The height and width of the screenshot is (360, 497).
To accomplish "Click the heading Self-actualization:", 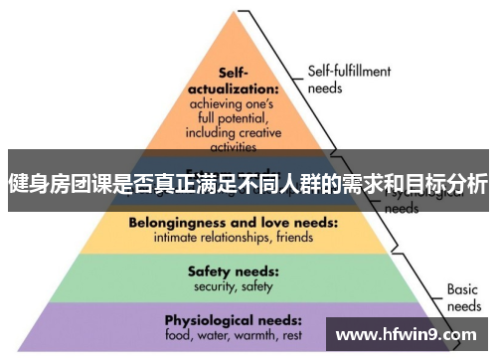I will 232,81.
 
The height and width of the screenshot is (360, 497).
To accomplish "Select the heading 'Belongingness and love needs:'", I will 232,223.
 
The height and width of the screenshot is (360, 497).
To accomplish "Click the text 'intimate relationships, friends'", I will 232,238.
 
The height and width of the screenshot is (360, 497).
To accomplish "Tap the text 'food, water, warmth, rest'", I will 234,336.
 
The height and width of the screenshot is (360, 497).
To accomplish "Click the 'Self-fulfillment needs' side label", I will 349,79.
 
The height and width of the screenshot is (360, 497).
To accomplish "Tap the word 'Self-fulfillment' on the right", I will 349,72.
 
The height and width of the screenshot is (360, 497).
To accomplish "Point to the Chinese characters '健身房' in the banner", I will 39,185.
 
